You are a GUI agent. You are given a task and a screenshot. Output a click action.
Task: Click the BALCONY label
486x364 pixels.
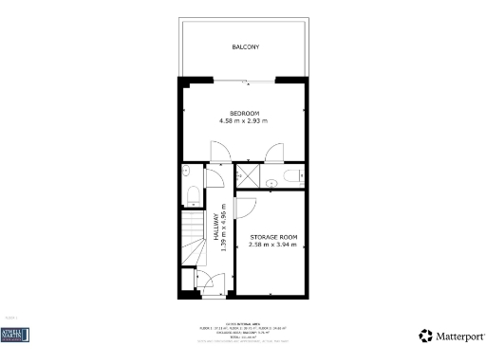click(x=246, y=46)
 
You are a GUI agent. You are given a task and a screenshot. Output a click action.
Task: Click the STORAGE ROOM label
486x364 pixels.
click(x=273, y=236)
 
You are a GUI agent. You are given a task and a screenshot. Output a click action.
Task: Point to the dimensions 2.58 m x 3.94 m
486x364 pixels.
click(x=273, y=245)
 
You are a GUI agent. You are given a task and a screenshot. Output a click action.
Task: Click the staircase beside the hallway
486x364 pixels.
click(x=193, y=242)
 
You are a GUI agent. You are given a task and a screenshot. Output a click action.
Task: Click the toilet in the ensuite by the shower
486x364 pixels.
click(x=293, y=174)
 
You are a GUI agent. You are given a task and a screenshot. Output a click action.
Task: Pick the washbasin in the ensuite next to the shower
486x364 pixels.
click(x=271, y=180)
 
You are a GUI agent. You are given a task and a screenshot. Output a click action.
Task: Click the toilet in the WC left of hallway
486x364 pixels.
click(x=193, y=196)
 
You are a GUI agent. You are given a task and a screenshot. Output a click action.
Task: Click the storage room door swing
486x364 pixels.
click(x=245, y=209)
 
